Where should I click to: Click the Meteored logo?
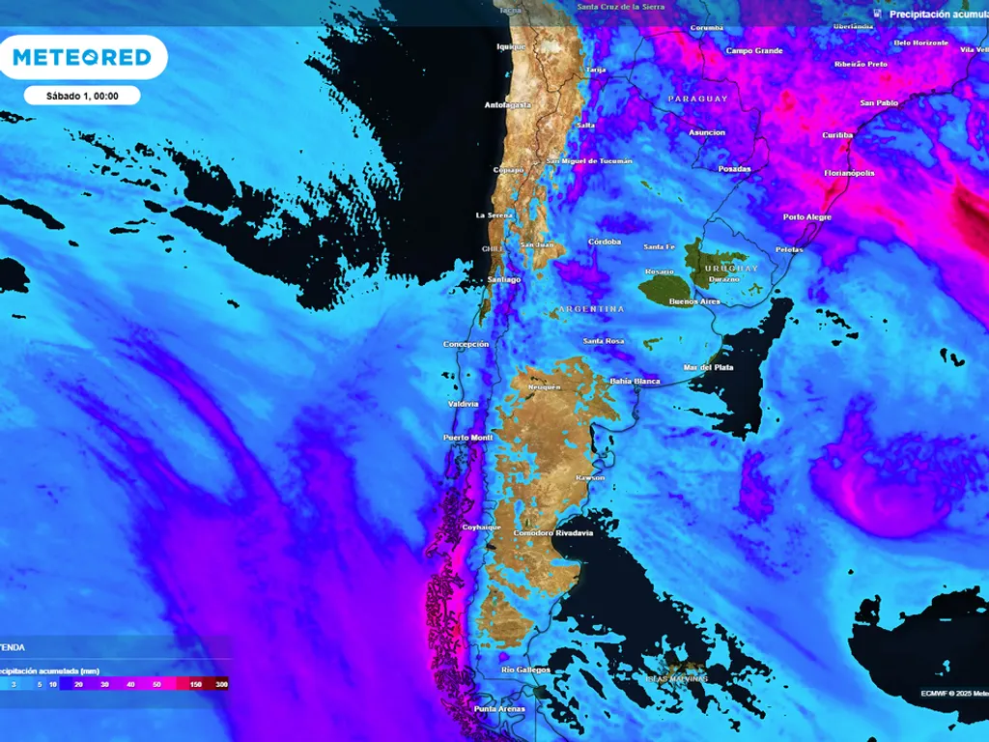click(x=83, y=58)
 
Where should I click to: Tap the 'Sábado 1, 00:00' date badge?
click(x=82, y=96)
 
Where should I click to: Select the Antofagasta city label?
click(x=508, y=105)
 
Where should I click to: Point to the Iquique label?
click(x=511, y=46)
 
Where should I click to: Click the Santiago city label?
click(x=503, y=279)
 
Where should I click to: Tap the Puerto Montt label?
click(x=468, y=438)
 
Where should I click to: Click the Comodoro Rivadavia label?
click(x=553, y=533)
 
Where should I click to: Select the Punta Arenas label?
click(x=498, y=710)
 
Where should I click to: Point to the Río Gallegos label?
click(x=525, y=670)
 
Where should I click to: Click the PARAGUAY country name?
click(x=697, y=100)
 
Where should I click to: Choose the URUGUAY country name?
click(x=731, y=268)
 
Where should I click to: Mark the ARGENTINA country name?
click(x=590, y=309)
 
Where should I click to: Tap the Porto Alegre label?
click(x=807, y=217)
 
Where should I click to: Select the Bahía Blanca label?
click(x=635, y=382)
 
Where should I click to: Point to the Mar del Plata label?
click(x=709, y=368)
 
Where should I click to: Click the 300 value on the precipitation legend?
click(x=222, y=684)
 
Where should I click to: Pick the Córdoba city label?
click(x=604, y=242)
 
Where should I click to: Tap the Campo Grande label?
click(x=754, y=50)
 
